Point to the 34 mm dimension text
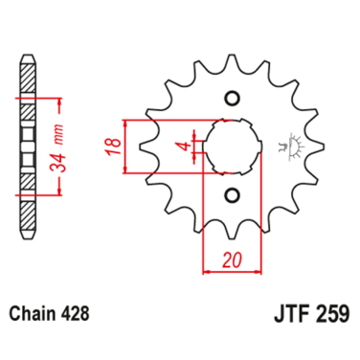tap(59, 146)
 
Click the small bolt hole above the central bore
tap(231, 99)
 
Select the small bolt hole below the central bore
tap(231, 196)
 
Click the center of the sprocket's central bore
tap(231, 147)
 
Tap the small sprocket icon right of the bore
tap(284, 146)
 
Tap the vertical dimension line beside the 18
tap(124, 147)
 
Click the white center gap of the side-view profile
tap(26, 146)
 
